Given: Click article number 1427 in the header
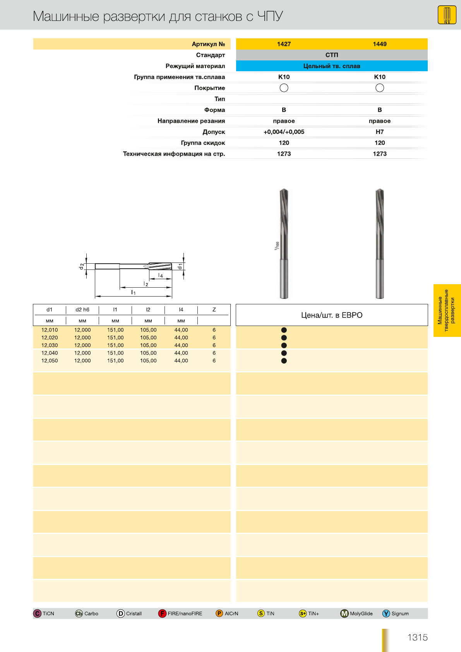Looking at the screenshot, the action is (284, 44).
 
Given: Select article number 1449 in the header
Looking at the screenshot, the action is (379, 44).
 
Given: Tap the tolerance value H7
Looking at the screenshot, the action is (379, 132).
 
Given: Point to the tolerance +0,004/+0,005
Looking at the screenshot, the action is (284, 132).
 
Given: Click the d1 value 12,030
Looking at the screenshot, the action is (50, 345).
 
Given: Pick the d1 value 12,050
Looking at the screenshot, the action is (50, 360).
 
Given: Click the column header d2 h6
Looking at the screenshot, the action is (82, 310).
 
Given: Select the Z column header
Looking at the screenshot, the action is (214, 310).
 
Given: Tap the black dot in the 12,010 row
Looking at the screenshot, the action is (284, 330).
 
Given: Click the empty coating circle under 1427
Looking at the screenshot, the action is (284, 88).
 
